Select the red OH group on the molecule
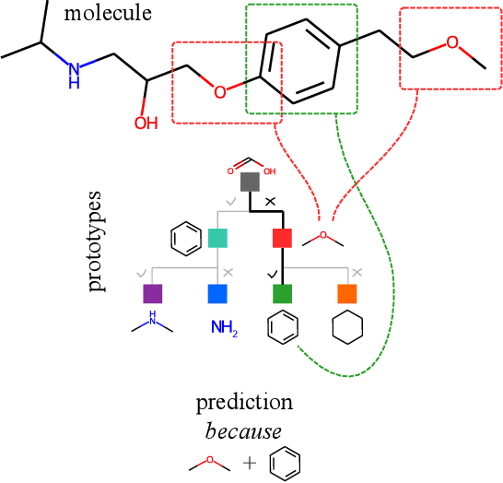tap(146, 123)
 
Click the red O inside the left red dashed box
tap(219, 91)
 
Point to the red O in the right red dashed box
tap(451, 42)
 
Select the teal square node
tap(217, 238)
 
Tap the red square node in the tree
tap(283, 238)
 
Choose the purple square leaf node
tap(152, 294)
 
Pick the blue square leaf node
tap(217, 294)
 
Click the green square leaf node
tap(283, 294)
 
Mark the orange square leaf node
tap(347, 294)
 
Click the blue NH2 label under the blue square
tap(224, 327)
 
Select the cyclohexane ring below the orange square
tap(347, 329)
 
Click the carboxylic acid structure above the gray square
tap(251, 162)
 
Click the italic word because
tap(244, 430)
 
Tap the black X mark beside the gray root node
tap(270, 200)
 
